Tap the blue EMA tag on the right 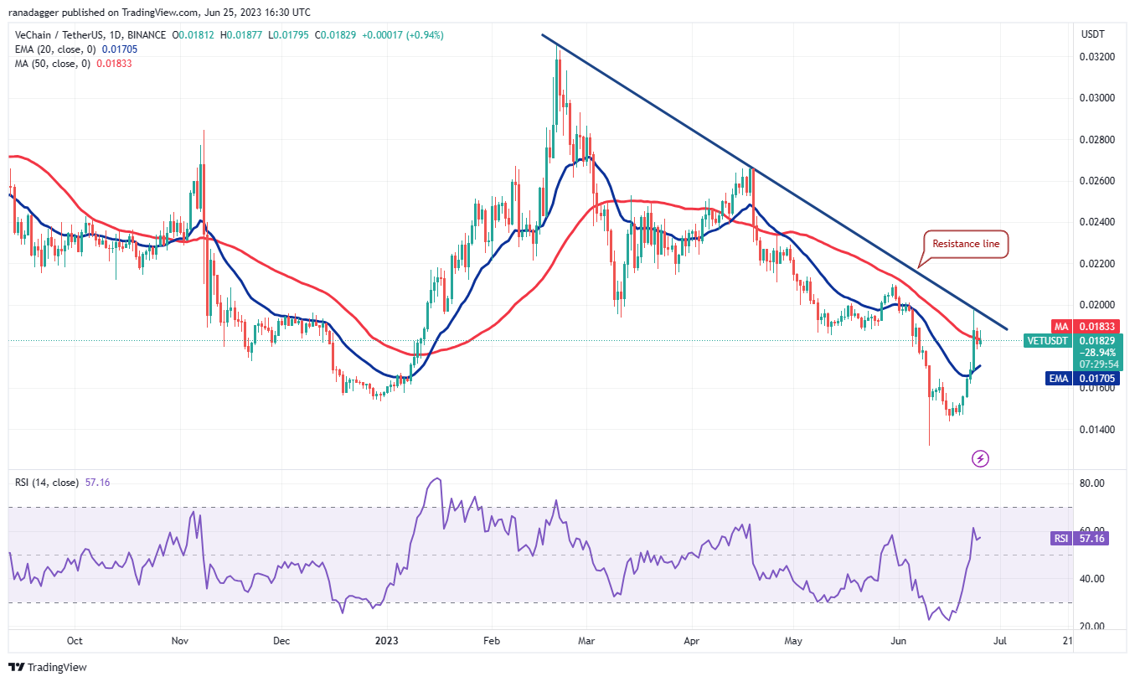tap(1058, 379)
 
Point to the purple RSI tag tap(1060, 539)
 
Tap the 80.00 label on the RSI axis tap(1093, 483)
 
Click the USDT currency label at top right tap(1094, 34)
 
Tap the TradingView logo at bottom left tap(49, 667)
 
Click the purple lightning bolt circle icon tap(980, 458)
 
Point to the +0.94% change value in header tap(427, 35)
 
